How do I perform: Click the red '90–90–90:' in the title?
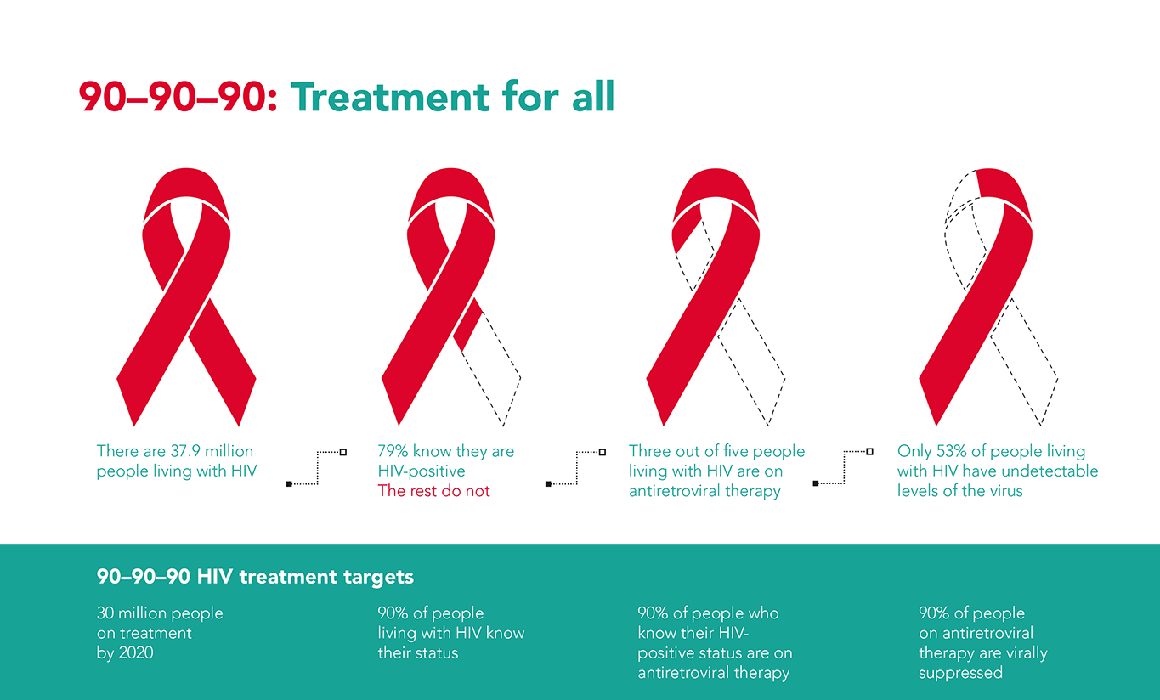(x=178, y=97)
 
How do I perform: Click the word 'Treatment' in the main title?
(x=390, y=97)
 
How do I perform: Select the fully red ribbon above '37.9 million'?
(x=186, y=297)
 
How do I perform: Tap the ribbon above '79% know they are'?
(x=450, y=297)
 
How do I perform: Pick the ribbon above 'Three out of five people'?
(x=716, y=297)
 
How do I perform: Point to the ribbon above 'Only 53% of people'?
(x=988, y=297)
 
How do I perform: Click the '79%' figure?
(x=393, y=451)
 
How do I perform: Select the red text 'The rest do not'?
(x=433, y=491)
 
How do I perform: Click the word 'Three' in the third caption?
(x=648, y=451)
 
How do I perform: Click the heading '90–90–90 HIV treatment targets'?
(x=255, y=577)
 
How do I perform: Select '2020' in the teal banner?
(x=136, y=653)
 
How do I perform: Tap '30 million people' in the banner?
(x=160, y=613)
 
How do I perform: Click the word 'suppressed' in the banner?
(x=960, y=673)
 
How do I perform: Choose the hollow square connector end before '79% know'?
(x=342, y=452)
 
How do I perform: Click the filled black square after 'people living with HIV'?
(x=289, y=484)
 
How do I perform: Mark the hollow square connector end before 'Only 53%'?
(x=869, y=451)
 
